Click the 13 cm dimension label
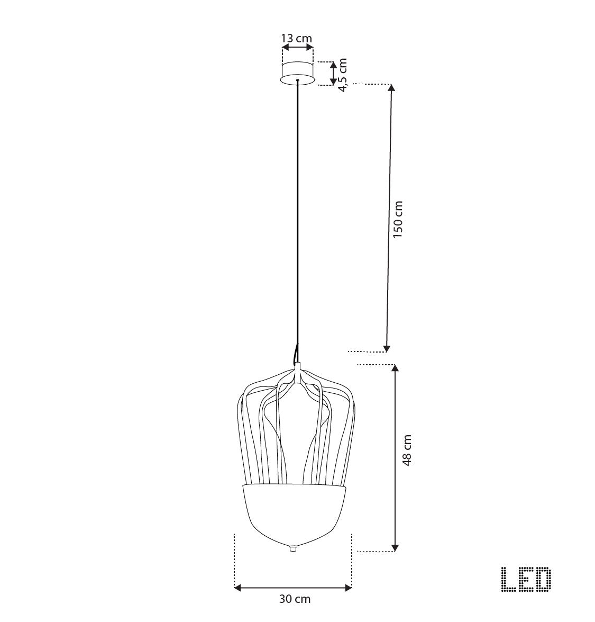tap(297, 39)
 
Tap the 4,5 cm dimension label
tap(343, 75)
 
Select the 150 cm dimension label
tap(398, 219)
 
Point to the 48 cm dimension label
tap(407, 450)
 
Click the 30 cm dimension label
tap(295, 599)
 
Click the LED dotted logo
tap(526, 580)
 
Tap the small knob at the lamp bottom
tap(293, 548)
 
